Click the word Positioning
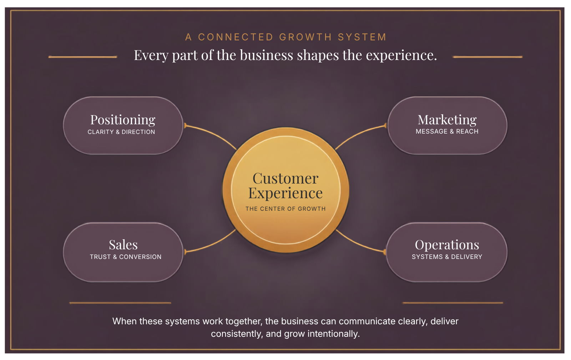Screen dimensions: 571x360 pos(123,120)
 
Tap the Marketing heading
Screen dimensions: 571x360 pos(447,120)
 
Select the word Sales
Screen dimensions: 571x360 pos(123,245)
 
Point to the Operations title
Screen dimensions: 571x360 pos(447,245)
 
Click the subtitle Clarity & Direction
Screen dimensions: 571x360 pos(121,132)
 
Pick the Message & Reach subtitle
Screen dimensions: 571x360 pos(447,131)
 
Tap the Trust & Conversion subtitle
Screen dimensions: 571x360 pos(126,257)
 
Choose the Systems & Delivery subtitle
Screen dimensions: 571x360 pos(447,257)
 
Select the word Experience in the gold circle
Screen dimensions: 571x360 pos(285,194)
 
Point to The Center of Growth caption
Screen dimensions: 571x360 pos(285,209)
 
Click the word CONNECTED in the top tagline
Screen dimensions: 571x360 pos(236,37)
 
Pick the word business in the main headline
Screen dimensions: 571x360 pos(266,55)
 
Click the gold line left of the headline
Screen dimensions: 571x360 pos(83,57)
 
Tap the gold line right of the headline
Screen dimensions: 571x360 pos(487,57)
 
